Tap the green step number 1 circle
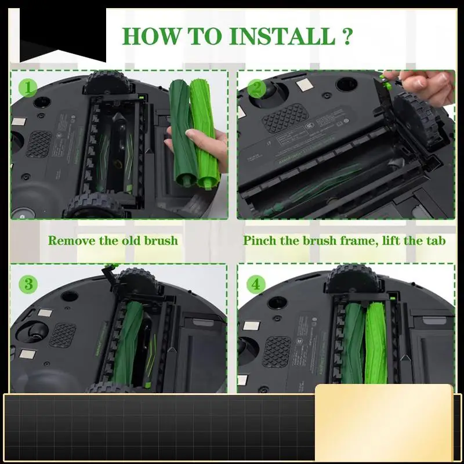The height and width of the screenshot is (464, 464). click(28, 88)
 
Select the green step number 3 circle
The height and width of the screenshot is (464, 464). click(28, 284)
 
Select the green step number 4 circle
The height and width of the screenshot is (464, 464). click(255, 284)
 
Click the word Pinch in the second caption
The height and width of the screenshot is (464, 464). click(259, 240)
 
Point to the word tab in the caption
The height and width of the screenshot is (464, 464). click(434, 240)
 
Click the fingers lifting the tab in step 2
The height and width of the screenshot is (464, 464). click(426, 85)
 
